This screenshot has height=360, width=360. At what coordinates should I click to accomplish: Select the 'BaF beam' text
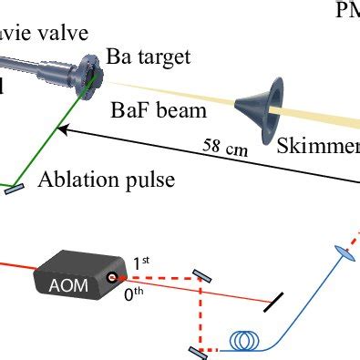pyautogui.click(x=159, y=111)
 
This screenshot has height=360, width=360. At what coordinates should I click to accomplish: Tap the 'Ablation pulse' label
pyautogui.click(x=106, y=180)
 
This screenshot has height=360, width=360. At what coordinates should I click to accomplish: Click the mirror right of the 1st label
pyautogui.click(x=205, y=274)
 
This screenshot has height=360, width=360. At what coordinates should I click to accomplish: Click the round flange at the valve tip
pyautogui.click(x=88, y=69)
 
